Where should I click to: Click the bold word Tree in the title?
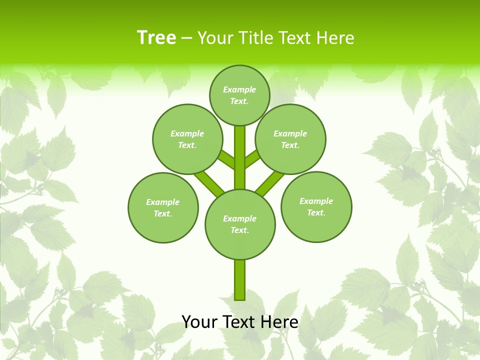coord(156,37)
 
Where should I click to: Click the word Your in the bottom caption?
coord(199,322)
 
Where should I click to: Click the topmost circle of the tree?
coord(239,95)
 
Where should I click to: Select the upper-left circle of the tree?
coord(187,139)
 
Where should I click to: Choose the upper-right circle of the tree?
coord(290,139)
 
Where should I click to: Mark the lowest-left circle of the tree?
coord(163,207)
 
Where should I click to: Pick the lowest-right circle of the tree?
coord(316,206)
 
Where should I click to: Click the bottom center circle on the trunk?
coord(240,224)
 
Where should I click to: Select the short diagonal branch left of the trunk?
coord(227,159)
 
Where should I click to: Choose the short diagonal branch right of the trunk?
coord(252,158)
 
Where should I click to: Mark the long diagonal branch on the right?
coord(269,183)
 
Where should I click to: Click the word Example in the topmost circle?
coord(239,89)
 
